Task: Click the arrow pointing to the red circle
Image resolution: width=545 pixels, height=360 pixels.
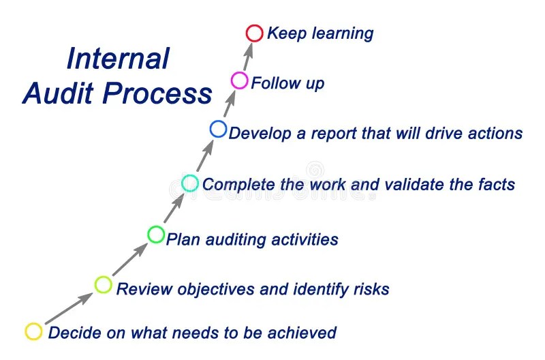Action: (247, 57)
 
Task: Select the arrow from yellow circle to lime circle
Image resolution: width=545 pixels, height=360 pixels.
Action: (69, 308)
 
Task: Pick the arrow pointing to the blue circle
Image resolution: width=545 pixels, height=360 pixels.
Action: (205, 156)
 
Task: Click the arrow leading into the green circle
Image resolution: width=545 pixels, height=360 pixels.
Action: (130, 259)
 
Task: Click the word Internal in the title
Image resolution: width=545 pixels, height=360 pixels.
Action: (118, 59)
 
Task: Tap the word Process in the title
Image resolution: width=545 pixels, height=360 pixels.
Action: (157, 93)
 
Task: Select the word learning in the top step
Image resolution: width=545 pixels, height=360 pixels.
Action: (343, 34)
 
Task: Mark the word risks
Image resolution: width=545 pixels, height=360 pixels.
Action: (371, 289)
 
